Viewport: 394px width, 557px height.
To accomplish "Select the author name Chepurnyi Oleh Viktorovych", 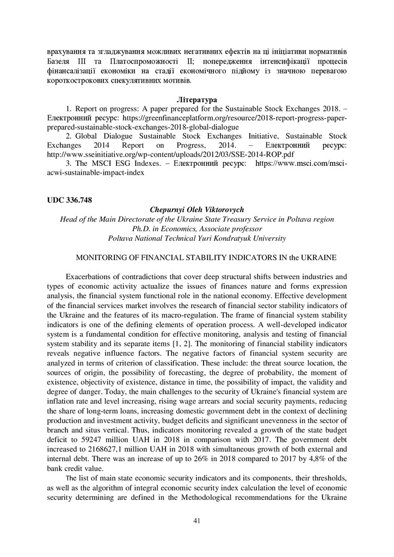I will pyautogui.click(x=197, y=209).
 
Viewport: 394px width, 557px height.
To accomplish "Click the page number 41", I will pyautogui.click(x=197, y=521).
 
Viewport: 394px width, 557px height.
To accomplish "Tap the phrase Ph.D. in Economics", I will pyautogui.click(x=163, y=229).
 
